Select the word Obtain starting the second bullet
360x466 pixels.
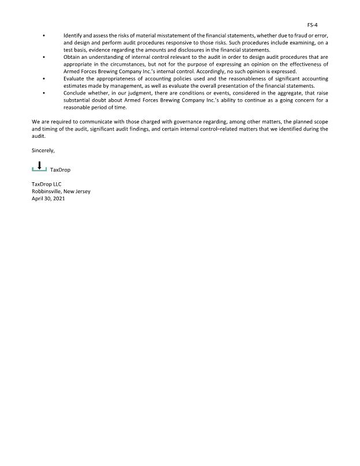click(x=72, y=57)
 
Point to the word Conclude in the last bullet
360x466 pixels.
click(x=74, y=93)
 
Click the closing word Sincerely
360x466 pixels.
click(x=43, y=150)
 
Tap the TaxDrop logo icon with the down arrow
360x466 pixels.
click(x=39, y=167)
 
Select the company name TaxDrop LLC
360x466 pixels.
click(x=46, y=184)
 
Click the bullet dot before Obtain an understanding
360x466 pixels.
click(x=44, y=58)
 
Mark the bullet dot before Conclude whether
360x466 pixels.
click(x=44, y=93)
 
